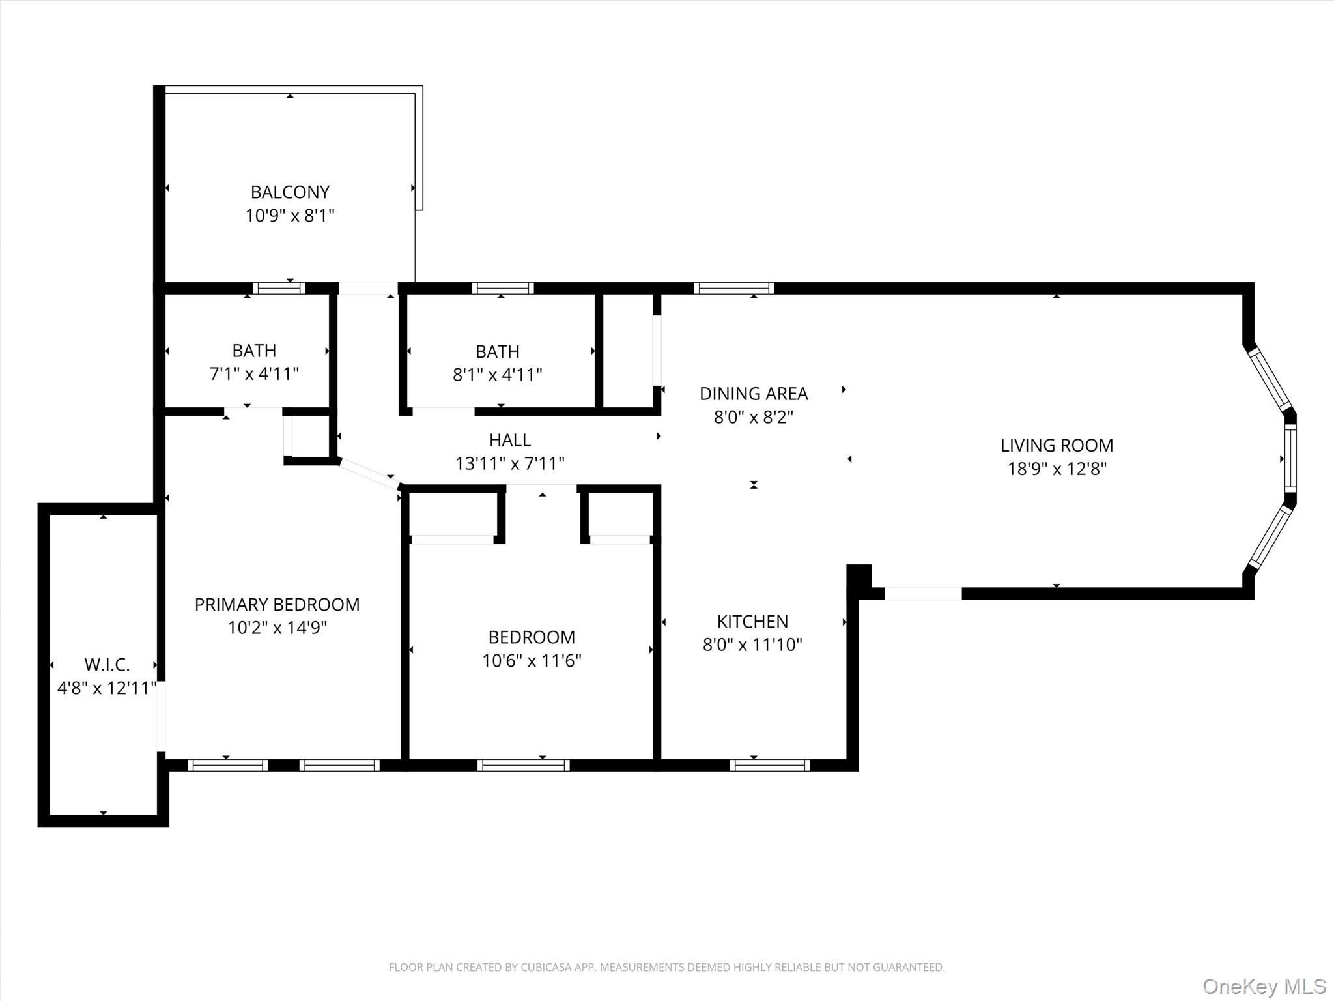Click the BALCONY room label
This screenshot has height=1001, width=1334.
(290, 192)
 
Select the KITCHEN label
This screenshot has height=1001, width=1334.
(752, 622)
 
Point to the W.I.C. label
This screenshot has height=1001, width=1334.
(107, 665)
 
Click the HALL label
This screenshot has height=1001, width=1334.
(509, 441)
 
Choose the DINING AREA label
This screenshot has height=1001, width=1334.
(754, 394)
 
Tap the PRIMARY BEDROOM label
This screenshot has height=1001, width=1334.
(277, 605)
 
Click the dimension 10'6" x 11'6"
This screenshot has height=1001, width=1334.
(532, 661)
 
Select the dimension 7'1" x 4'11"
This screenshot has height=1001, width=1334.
(254, 374)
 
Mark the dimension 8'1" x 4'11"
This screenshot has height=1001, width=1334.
(498, 375)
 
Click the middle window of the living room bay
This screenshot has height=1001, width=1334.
(1290, 459)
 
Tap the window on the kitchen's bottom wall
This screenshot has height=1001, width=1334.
(769, 765)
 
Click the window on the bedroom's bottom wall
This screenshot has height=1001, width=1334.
(523, 765)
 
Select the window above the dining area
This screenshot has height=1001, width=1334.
(733, 288)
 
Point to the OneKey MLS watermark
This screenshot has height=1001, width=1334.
(1264, 986)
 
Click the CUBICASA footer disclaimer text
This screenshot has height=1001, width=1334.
(666, 967)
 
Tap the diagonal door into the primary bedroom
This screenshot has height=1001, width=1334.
(369, 474)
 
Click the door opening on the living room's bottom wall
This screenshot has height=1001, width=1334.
(923, 594)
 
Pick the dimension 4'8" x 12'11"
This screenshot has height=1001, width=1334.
(107, 688)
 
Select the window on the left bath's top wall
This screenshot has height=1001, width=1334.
(279, 288)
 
